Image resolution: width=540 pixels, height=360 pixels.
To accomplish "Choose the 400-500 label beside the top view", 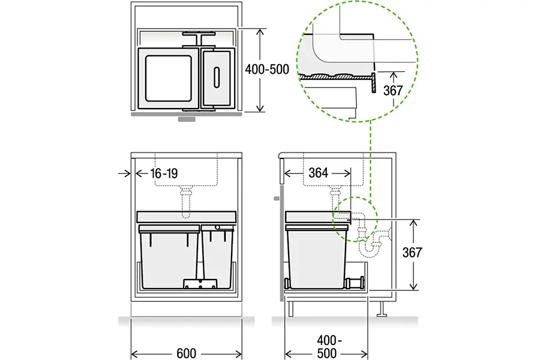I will [x=267, y=69].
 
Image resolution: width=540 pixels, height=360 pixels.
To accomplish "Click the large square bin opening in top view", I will [x=166, y=79].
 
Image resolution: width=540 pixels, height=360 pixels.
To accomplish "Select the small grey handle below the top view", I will [x=187, y=119].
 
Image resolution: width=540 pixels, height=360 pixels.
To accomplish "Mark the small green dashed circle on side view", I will [x=354, y=219].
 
